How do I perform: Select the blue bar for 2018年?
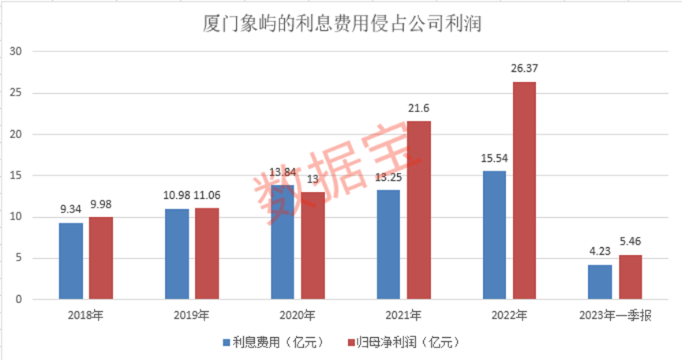(x=70, y=261)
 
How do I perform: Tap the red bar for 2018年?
(x=100, y=258)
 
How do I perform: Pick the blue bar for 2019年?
(x=177, y=254)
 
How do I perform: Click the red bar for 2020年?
(x=313, y=246)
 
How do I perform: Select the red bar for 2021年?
(x=418, y=210)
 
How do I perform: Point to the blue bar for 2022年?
(x=495, y=235)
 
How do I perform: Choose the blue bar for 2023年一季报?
(x=601, y=282)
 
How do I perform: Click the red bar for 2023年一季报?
(x=631, y=277)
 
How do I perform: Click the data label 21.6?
(x=418, y=108)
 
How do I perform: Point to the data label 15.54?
(x=495, y=158)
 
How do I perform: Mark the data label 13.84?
(x=283, y=172)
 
